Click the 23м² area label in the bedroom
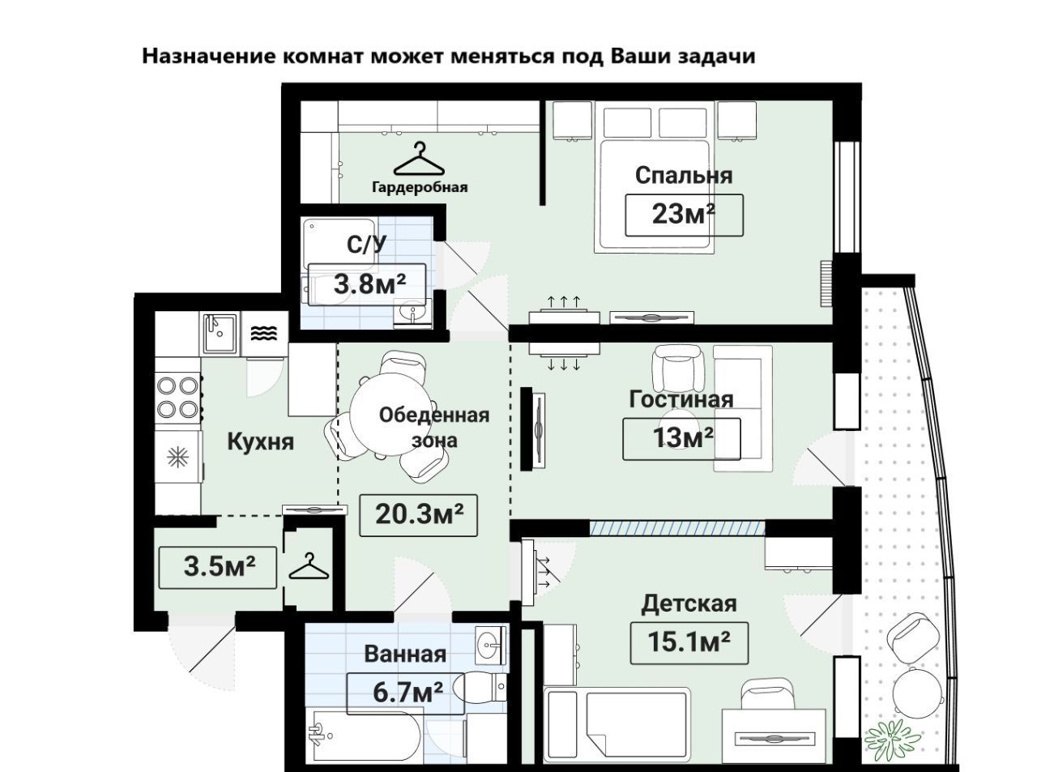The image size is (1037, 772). pyautogui.click(x=684, y=215)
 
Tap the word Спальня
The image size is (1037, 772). pyautogui.click(x=684, y=175)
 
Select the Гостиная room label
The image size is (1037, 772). pyautogui.click(x=681, y=399)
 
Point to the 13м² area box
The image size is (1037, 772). pyautogui.click(x=682, y=437)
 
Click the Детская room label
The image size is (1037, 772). pyautogui.click(x=689, y=604)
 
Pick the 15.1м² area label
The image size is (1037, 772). pyautogui.click(x=689, y=642)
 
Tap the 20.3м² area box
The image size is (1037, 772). pyautogui.click(x=418, y=514)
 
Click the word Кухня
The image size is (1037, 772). pyautogui.click(x=260, y=442)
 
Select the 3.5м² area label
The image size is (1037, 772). pyautogui.click(x=219, y=566)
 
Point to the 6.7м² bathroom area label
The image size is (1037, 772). pyautogui.click(x=408, y=693)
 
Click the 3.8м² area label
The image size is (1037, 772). pyautogui.click(x=369, y=284)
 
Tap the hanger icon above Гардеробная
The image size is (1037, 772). pyautogui.click(x=420, y=160)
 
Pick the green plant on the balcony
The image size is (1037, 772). pyautogui.click(x=892, y=736)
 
